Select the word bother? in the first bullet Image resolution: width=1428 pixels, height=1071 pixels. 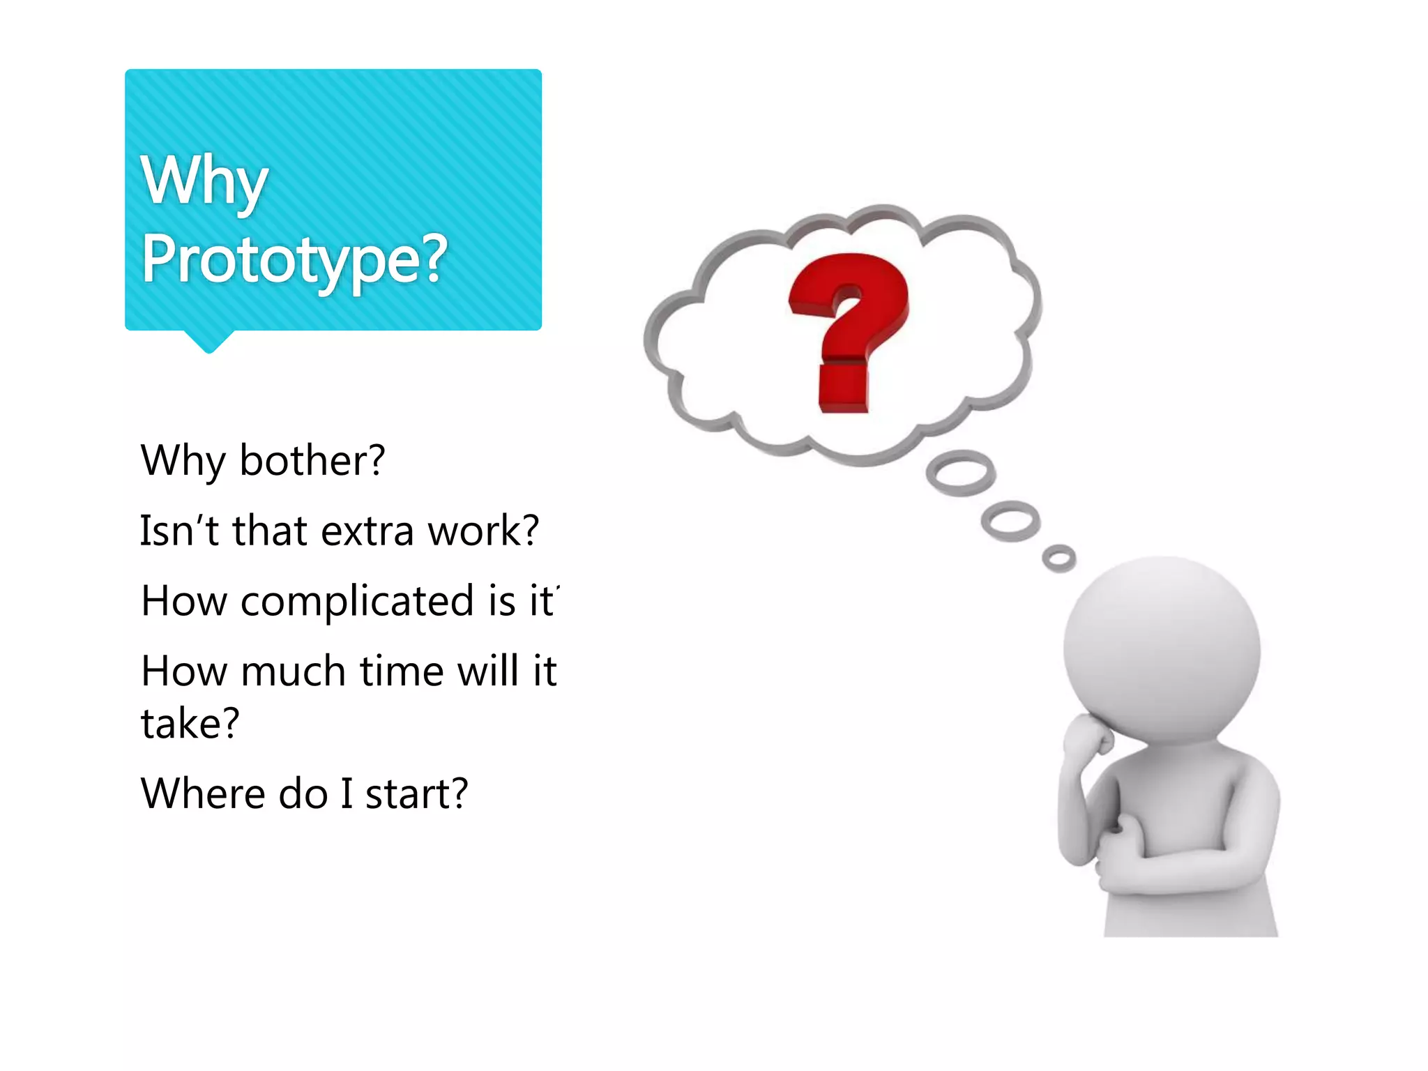312,461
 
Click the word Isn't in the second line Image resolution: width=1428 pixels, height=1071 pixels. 179,531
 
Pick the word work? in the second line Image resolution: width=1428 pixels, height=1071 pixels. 483,531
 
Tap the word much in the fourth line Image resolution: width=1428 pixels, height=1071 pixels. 293,671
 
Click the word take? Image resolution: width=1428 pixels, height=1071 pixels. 190,723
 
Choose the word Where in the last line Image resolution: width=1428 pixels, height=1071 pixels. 203,793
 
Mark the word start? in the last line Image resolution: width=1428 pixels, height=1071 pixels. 416,793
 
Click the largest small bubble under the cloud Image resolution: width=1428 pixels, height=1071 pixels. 960,473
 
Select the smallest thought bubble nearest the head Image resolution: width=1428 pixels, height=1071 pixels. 1058,558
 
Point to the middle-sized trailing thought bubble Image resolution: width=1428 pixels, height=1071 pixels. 1010,520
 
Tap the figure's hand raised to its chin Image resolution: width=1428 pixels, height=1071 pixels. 1088,736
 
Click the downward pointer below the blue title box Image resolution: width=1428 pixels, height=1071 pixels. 208,342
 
